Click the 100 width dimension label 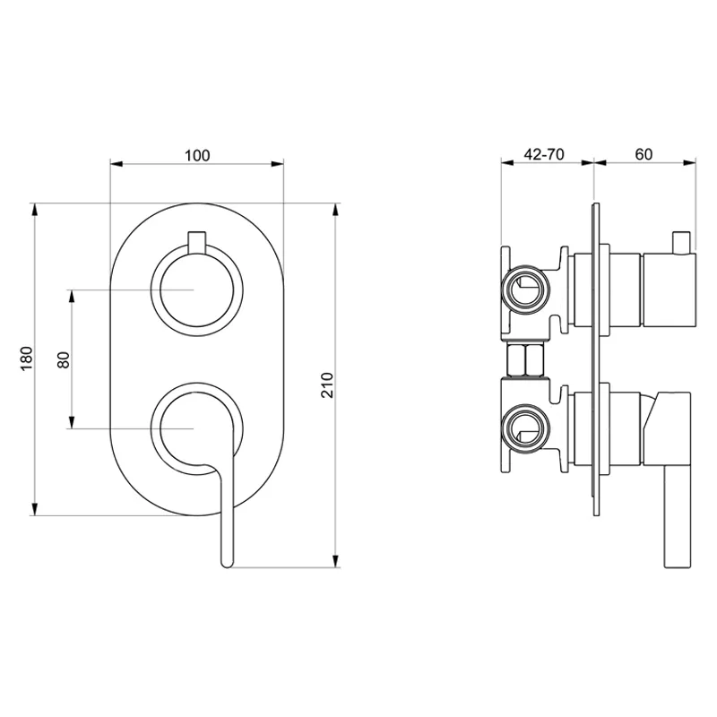click(x=196, y=155)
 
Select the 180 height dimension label click(x=27, y=359)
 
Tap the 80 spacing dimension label click(x=63, y=359)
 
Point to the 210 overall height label click(x=327, y=385)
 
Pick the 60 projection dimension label click(x=644, y=154)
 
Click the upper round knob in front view click(x=196, y=291)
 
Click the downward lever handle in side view click(x=677, y=520)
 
